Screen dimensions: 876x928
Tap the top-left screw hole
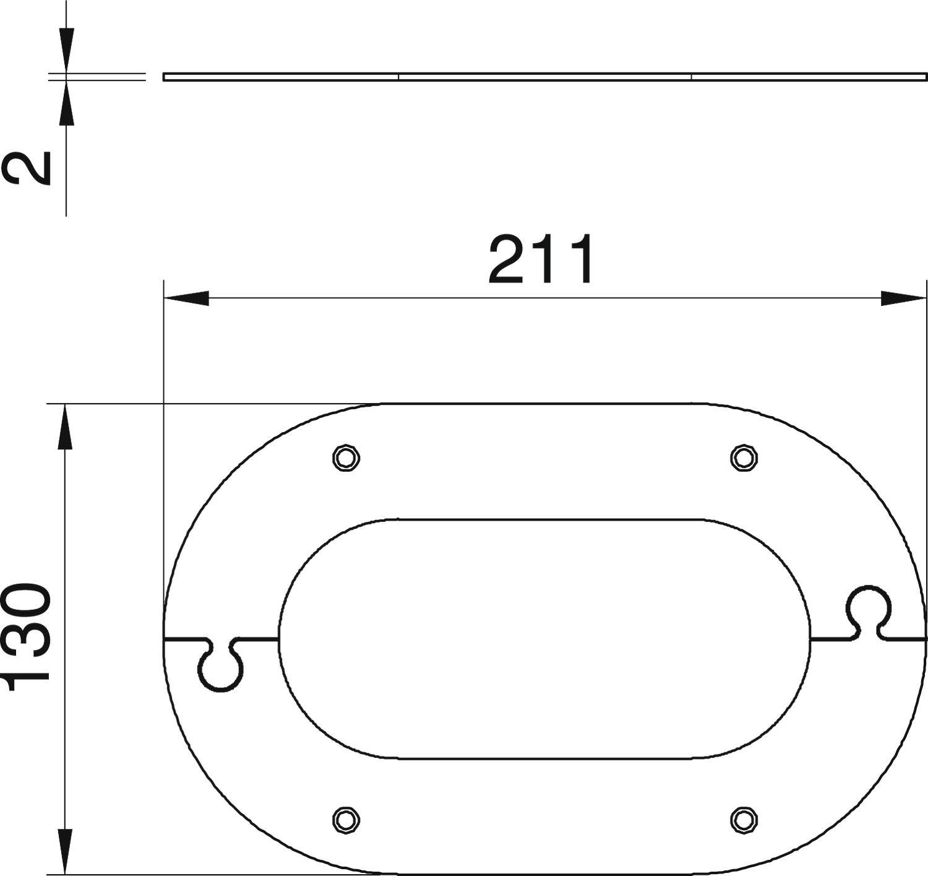click(x=346, y=458)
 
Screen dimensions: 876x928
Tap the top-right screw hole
click(x=744, y=458)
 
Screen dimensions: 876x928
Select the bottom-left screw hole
click(x=346, y=820)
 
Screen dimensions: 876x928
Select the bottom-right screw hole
click(x=744, y=820)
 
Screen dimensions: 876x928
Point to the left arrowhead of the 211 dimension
click(x=186, y=298)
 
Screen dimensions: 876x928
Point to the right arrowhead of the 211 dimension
click(x=903, y=298)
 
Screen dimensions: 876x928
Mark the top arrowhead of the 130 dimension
click(x=65, y=427)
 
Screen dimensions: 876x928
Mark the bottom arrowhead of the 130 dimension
click(x=65, y=851)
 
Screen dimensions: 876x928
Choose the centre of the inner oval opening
click(x=544, y=638)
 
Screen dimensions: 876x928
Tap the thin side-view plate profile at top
click(x=544, y=77)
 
